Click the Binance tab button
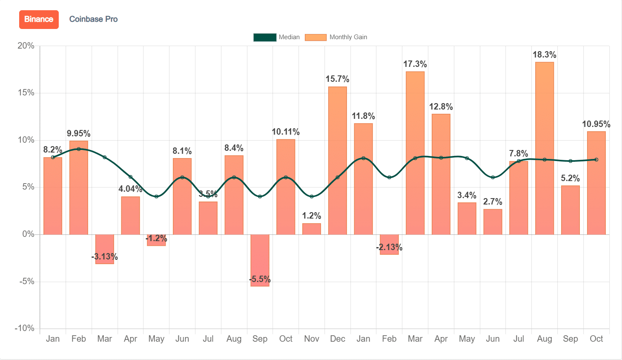[x=39, y=20]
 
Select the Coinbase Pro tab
[x=93, y=19]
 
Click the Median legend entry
[x=277, y=37]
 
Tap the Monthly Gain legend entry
[x=336, y=37]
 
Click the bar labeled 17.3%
[x=415, y=153]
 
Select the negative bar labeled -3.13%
[x=104, y=249]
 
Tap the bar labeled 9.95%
[x=78, y=187]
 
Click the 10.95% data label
[x=596, y=124]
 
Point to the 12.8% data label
[x=441, y=107]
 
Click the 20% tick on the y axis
[x=26, y=46]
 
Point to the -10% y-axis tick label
[x=24, y=328]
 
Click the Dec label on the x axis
[x=337, y=339]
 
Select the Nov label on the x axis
[x=311, y=339]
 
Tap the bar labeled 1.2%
[x=311, y=229]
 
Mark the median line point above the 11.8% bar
[x=363, y=158]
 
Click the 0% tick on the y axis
[x=28, y=234]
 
